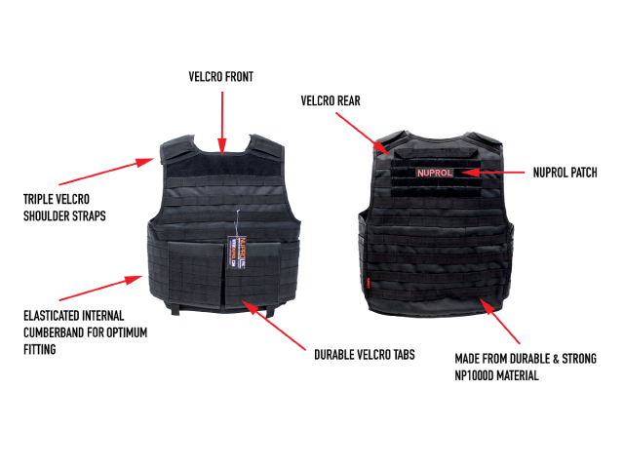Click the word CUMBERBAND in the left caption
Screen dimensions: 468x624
click(55, 331)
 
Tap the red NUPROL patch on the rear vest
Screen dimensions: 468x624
click(435, 173)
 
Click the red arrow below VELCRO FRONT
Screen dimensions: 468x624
click(223, 121)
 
